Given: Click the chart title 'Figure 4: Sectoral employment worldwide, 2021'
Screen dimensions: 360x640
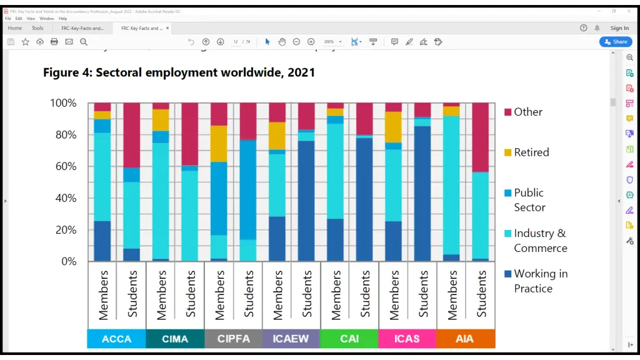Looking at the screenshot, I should tap(179, 72).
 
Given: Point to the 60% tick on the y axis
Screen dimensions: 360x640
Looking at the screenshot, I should tap(64, 166).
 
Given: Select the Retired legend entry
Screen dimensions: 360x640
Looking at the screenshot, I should tap(531, 152).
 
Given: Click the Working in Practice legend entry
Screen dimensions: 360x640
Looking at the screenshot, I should tap(540, 281).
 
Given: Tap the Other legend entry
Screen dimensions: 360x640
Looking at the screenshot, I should tap(527, 112).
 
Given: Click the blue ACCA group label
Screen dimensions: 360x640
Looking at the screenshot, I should tap(116, 339).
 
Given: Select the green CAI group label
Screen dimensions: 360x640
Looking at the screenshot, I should tap(349, 339).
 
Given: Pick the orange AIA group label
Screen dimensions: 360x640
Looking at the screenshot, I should tap(465, 339).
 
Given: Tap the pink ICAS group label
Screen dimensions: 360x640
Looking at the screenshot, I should tap(407, 339).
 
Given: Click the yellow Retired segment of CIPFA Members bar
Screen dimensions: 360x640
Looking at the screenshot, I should tap(219, 143).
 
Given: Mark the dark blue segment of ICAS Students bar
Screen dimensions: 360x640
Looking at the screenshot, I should tap(422, 194).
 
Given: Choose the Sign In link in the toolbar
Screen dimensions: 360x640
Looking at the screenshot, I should tap(619, 28).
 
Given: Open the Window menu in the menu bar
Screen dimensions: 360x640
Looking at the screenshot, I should tap(47, 19).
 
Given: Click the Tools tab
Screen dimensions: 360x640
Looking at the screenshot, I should tap(37, 28).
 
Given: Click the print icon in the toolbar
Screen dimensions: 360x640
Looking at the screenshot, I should tap(54, 42).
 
